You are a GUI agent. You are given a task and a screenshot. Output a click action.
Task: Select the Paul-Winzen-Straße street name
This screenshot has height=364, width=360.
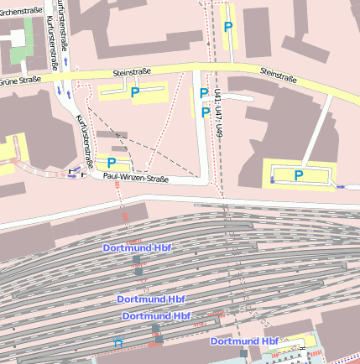[136, 178]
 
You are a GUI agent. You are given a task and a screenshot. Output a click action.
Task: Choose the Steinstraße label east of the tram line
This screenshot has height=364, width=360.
[278, 75]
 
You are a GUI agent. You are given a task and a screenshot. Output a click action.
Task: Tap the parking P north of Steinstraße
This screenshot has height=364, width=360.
[227, 28]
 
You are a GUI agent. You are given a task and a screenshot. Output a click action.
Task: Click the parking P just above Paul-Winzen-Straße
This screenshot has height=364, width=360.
[111, 162]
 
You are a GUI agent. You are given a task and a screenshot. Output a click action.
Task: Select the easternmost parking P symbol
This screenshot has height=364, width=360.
[298, 174]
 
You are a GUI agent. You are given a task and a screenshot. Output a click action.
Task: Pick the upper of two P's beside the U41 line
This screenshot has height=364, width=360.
[203, 93]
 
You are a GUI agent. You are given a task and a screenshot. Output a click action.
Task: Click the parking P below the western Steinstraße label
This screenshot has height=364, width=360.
[133, 92]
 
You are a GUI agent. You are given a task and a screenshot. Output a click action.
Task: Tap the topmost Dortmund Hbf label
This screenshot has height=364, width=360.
[137, 248]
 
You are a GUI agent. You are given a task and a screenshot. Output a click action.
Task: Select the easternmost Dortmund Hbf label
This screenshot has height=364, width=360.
[244, 341]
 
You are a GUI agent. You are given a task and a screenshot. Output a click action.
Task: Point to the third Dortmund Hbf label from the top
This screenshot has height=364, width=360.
[156, 315]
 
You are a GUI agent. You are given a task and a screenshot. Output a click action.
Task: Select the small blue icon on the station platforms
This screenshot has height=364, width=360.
[118, 342]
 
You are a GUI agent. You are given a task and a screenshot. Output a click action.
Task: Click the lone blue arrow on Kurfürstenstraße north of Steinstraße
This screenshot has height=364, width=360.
[65, 61]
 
